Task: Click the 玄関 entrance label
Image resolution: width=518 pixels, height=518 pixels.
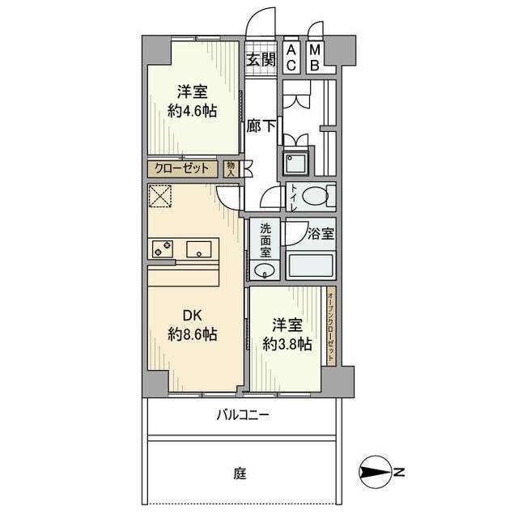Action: click(x=261, y=59)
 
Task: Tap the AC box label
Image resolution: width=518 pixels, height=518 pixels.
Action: click(x=291, y=58)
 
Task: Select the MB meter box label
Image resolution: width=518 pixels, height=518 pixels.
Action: click(x=316, y=58)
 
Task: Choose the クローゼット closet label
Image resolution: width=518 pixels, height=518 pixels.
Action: click(x=183, y=169)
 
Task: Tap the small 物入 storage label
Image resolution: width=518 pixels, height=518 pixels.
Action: click(x=231, y=169)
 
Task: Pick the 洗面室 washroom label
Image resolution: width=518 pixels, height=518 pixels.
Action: click(x=265, y=240)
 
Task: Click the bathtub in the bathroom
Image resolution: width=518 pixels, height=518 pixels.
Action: click(x=311, y=265)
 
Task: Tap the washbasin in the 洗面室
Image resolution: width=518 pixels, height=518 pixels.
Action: click(x=264, y=270)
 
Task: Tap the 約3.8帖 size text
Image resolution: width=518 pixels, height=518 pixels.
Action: click(x=287, y=343)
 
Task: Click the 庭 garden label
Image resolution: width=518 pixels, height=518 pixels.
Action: click(x=241, y=472)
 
